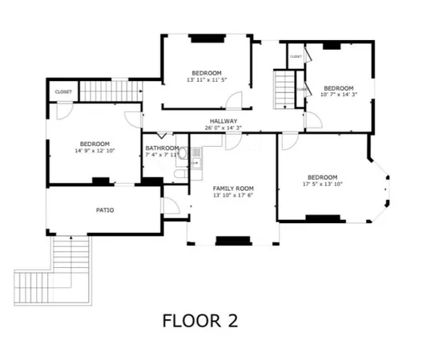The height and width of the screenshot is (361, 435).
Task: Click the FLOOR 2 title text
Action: [199, 321]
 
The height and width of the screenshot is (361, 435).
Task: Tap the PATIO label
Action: [104, 210]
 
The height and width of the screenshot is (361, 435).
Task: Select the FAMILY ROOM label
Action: [232, 187]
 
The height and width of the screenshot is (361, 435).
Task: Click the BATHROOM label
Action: [161, 148]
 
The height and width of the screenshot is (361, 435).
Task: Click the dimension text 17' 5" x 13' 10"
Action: [322, 184]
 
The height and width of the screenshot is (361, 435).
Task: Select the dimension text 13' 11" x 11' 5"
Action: [207, 79]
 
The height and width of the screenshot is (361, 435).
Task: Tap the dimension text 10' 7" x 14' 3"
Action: [338, 95]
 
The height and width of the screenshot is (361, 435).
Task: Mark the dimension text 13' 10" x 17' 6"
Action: [232, 195]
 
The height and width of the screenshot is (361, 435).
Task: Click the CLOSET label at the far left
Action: [63, 91]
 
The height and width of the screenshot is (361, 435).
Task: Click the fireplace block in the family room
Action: [233, 239]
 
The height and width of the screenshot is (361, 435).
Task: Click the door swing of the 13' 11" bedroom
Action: [233, 100]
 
